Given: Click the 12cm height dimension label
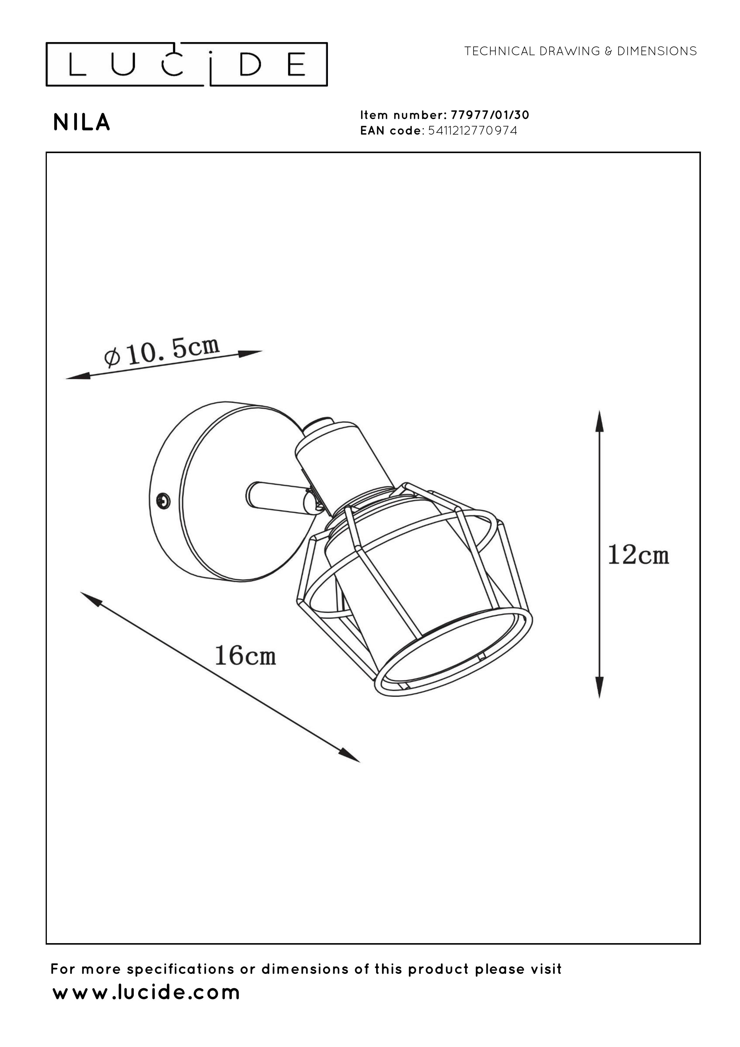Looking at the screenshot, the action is coord(638,555).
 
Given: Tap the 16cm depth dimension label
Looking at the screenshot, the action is coord(245,655).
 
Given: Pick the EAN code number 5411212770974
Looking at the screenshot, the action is coord(473,131).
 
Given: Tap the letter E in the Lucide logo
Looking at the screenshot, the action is coord(297,64).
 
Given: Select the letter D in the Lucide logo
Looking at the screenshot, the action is coord(249,64).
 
